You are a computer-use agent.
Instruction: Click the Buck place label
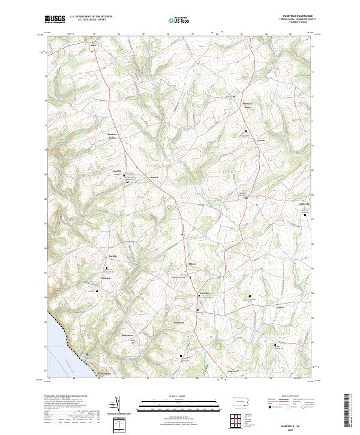tap(93, 45)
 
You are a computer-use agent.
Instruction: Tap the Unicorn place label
tap(261, 140)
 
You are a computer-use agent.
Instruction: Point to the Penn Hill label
tap(203, 293)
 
